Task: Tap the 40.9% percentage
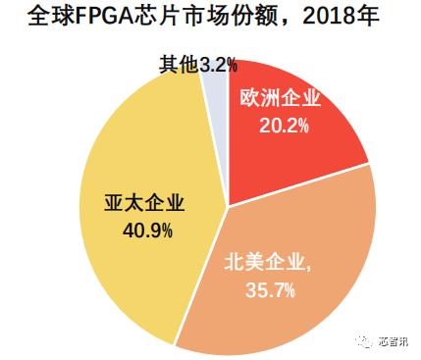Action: click(x=144, y=231)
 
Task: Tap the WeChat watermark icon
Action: click(x=357, y=342)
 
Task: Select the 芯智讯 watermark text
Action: click(x=392, y=343)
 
